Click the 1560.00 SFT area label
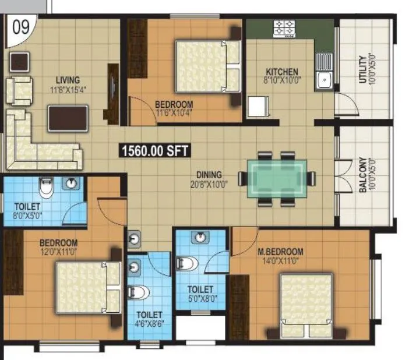(x=154, y=151)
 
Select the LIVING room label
(x=68, y=80)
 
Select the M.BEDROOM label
(x=280, y=252)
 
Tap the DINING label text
(x=209, y=174)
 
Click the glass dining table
(x=276, y=178)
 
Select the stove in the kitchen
(x=285, y=27)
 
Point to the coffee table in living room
(x=68, y=118)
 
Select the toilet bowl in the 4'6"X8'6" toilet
(x=139, y=292)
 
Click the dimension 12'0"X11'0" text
(x=58, y=252)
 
